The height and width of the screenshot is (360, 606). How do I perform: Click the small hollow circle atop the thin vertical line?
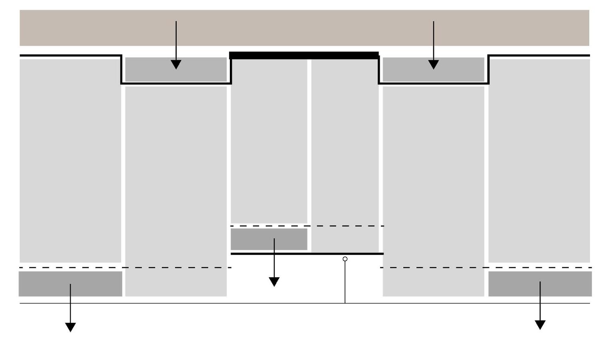[x=345, y=259]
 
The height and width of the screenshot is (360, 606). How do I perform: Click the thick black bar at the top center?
[x=304, y=55]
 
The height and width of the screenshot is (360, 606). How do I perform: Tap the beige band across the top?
[x=304, y=28]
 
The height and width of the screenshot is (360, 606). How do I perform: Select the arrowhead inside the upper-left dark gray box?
[x=176, y=65]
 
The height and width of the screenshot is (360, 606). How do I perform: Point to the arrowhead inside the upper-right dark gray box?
[x=433, y=65]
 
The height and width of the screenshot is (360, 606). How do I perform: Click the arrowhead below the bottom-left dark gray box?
[x=70, y=327]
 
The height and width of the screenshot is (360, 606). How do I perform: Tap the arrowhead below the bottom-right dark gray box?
[x=540, y=325]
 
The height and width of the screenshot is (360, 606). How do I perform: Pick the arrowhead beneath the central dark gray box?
[x=274, y=282]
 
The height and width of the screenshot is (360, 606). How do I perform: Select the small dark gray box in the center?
[x=256, y=239]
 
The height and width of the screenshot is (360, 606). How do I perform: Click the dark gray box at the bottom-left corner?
[x=44, y=284]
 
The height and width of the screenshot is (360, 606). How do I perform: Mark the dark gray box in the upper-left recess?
[x=152, y=70]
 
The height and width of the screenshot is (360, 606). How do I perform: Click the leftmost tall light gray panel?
[x=70, y=160]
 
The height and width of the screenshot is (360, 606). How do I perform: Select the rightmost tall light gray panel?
[x=539, y=160]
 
